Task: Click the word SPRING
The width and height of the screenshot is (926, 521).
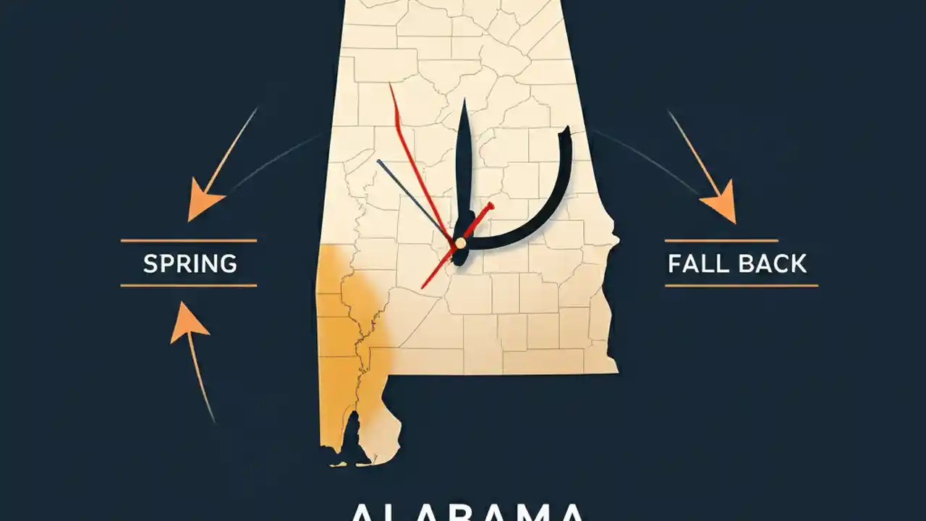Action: click(190, 263)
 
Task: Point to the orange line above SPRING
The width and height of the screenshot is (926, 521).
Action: click(188, 240)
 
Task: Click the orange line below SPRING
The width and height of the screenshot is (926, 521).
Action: click(188, 286)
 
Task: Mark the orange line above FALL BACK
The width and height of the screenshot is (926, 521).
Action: click(721, 240)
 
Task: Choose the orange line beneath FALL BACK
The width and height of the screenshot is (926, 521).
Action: click(741, 286)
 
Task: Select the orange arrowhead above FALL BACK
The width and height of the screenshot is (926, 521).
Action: click(720, 206)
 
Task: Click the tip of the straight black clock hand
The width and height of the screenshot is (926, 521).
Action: click(463, 101)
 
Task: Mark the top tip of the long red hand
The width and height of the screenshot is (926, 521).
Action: click(390, 84)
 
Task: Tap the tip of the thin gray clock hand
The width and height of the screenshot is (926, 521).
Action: click(378, 161)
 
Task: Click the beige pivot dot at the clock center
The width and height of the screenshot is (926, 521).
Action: click(460, 243)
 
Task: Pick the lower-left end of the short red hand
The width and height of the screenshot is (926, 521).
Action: click(422, 287)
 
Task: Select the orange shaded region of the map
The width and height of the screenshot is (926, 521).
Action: click(347, 340)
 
